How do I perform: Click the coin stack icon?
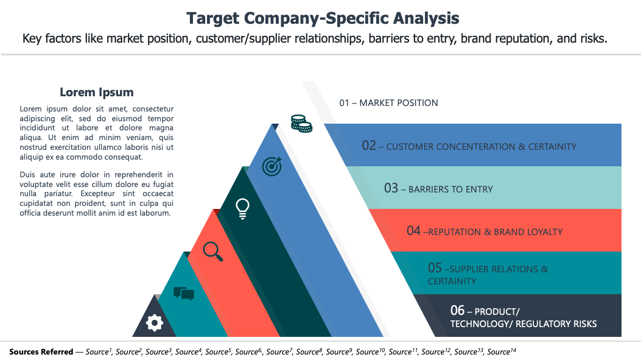coord(301,124)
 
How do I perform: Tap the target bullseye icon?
coord(272,166)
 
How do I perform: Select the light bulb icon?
coord(242,209)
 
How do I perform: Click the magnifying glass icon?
coord(213,252)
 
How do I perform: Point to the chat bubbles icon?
coord(184,294)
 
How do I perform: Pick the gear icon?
coord(155,323)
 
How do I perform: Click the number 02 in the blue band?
coord(369,146)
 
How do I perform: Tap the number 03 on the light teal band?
coord(391,188)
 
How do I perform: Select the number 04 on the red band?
coord(413,231)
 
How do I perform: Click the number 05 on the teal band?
coord(435,268)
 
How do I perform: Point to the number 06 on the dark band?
coord(457,311)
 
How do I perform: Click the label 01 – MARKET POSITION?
coord(388,103)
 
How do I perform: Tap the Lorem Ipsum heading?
coord(96,93)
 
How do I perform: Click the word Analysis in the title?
coord(426,18)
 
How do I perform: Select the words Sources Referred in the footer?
coord(41,352)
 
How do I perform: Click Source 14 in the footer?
coord(502,352)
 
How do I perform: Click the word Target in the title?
coord(212,18)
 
